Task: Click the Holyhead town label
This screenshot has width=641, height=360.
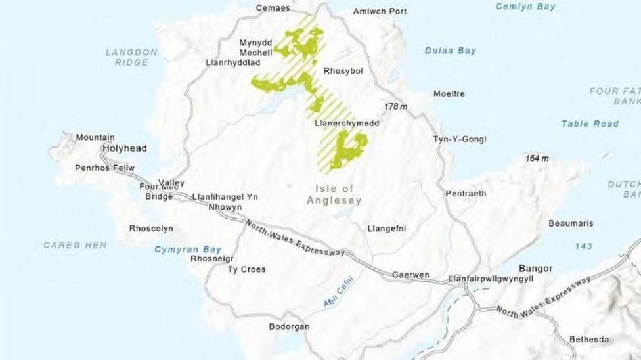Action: point(124,148)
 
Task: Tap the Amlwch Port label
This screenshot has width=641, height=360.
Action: point(380,11)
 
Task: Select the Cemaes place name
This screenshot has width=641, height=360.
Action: point(273,8)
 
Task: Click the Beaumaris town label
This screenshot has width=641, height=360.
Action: point(571,223)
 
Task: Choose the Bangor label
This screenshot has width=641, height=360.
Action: point(535,268)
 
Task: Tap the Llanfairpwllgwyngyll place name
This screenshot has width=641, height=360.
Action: point(491,279)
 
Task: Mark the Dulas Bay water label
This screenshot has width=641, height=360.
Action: point(451,50)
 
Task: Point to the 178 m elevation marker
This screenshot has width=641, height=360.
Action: point(395,106)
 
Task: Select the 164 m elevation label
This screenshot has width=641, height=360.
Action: point(537,158)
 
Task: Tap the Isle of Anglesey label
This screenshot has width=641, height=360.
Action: point(334,195)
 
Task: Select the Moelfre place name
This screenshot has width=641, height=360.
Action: point(449,93)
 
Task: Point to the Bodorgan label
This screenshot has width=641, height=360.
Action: point(289,326)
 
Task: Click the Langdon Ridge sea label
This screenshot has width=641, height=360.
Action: point(131,57)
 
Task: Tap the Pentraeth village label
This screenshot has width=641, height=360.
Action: point(466,194)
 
